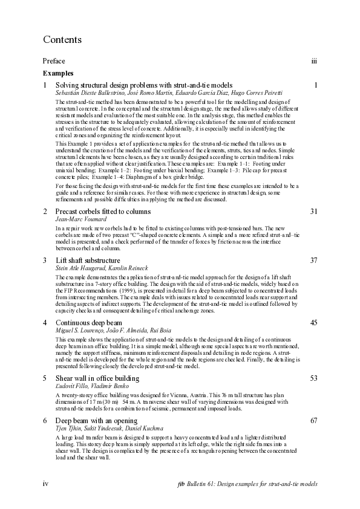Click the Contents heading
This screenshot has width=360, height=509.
(x=62, y=40)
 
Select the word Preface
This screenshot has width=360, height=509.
(x=54, y=61)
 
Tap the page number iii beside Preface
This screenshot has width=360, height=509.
(x=314, y=61)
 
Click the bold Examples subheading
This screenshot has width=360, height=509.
(x=58, y=73)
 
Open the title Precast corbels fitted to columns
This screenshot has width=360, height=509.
(x=103, y=212)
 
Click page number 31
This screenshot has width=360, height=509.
(x=313, y=212)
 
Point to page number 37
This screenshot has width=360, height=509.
(x=313, y=260)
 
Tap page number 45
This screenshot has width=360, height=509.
(x=313, y=323)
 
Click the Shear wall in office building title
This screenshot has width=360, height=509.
(x=97, y=378)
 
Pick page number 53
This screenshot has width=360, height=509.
(x=313, y=378)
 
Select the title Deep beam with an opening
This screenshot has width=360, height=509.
(x=96, y=420)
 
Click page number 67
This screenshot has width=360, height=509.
(x=313, y=420)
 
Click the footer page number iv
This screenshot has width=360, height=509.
(x=45, y=484)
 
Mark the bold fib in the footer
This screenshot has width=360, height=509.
(x=182, y=484)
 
